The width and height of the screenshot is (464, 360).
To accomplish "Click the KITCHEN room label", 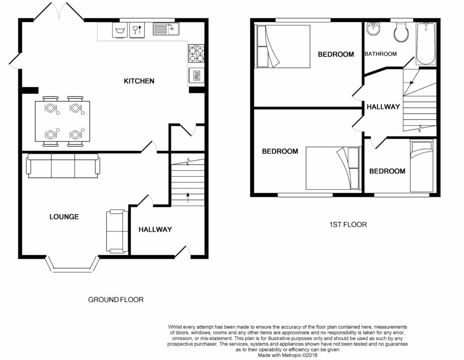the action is pos(139,81).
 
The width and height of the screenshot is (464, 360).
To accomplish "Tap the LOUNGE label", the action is pos(64,217).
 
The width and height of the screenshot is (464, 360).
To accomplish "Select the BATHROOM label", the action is pos(381,54).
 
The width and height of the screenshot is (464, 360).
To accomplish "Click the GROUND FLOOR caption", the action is pos(116,300).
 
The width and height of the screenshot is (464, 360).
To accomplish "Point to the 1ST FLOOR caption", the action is pos(348,224).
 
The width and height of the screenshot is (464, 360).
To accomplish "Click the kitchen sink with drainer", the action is pos(166,29).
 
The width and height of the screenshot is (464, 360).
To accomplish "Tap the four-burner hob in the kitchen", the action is pos(196,54).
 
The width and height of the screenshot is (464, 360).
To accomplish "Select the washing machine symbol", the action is pos(120,30).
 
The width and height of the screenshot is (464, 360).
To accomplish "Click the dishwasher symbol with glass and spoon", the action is pos(137,30).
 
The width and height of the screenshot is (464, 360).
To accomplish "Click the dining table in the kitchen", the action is pos(63,122).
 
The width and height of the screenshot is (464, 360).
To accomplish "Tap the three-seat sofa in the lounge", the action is pos(63,165).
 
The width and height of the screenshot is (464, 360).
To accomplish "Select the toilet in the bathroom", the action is pos(401,32).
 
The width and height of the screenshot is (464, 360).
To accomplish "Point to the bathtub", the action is pos(426,44).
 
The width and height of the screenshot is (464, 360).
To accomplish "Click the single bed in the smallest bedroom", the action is pos(422,166).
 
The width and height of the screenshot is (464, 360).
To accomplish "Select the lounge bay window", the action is pos(72,265).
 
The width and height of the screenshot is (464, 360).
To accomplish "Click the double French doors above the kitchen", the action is pos(59,12).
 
